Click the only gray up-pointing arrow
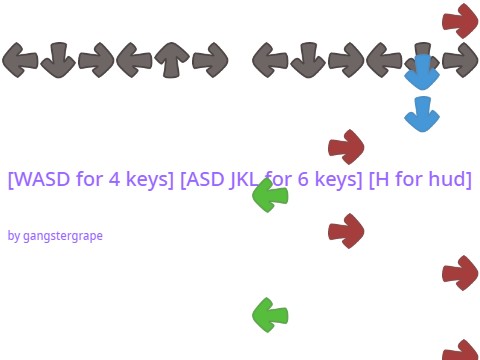point(172,60)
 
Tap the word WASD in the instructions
point(42,180)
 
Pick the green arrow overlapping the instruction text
point(270,194)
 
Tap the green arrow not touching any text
point(270,315)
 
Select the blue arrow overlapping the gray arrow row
point(422,72)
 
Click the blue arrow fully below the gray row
point(422,114)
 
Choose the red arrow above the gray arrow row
point(460,20)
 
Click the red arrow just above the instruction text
point(346,146)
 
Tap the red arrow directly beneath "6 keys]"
point(346,231)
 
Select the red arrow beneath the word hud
point(460,273)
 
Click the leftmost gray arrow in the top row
point(20,60)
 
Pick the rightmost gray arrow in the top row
point(460,60)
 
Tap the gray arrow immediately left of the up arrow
point(134,60)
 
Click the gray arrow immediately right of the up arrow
point(210,60)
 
